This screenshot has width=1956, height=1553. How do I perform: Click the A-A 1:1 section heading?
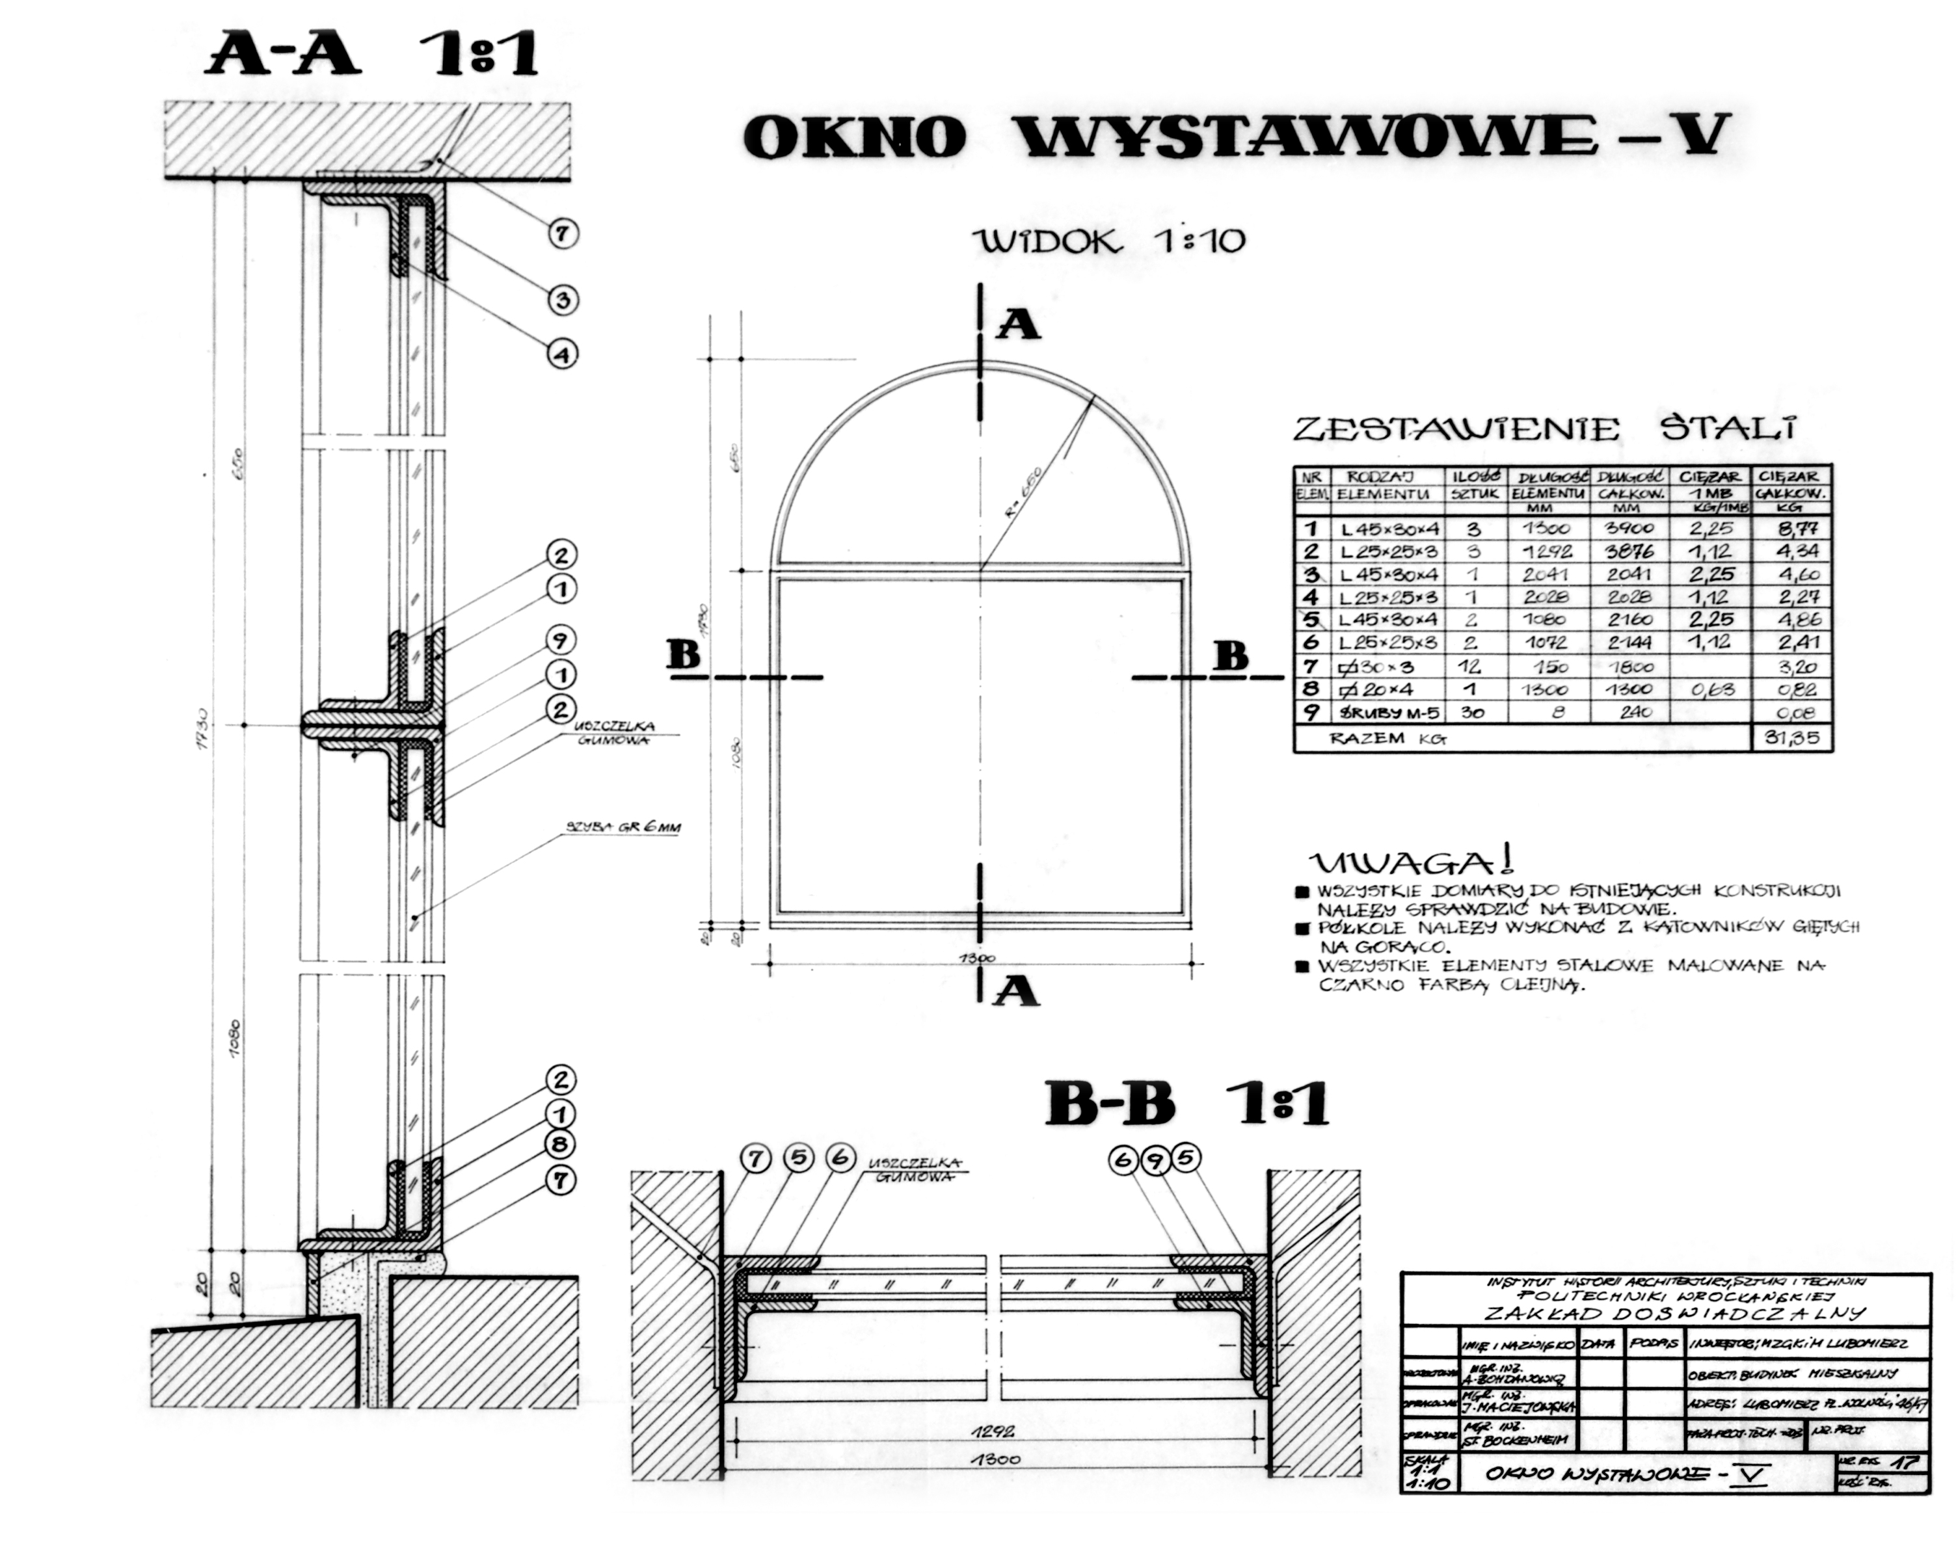372,55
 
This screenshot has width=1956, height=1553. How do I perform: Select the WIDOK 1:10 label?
1108,241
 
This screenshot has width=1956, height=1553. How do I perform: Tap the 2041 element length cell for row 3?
1547,574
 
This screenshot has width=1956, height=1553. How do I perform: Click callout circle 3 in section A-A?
563,299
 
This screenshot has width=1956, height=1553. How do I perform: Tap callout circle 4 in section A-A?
563,354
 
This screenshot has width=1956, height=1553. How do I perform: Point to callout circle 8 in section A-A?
561,1145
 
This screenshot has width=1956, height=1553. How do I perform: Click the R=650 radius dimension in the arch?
1023,491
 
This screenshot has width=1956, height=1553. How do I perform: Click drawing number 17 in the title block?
1905,1463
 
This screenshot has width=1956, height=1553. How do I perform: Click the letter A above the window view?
1018,324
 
